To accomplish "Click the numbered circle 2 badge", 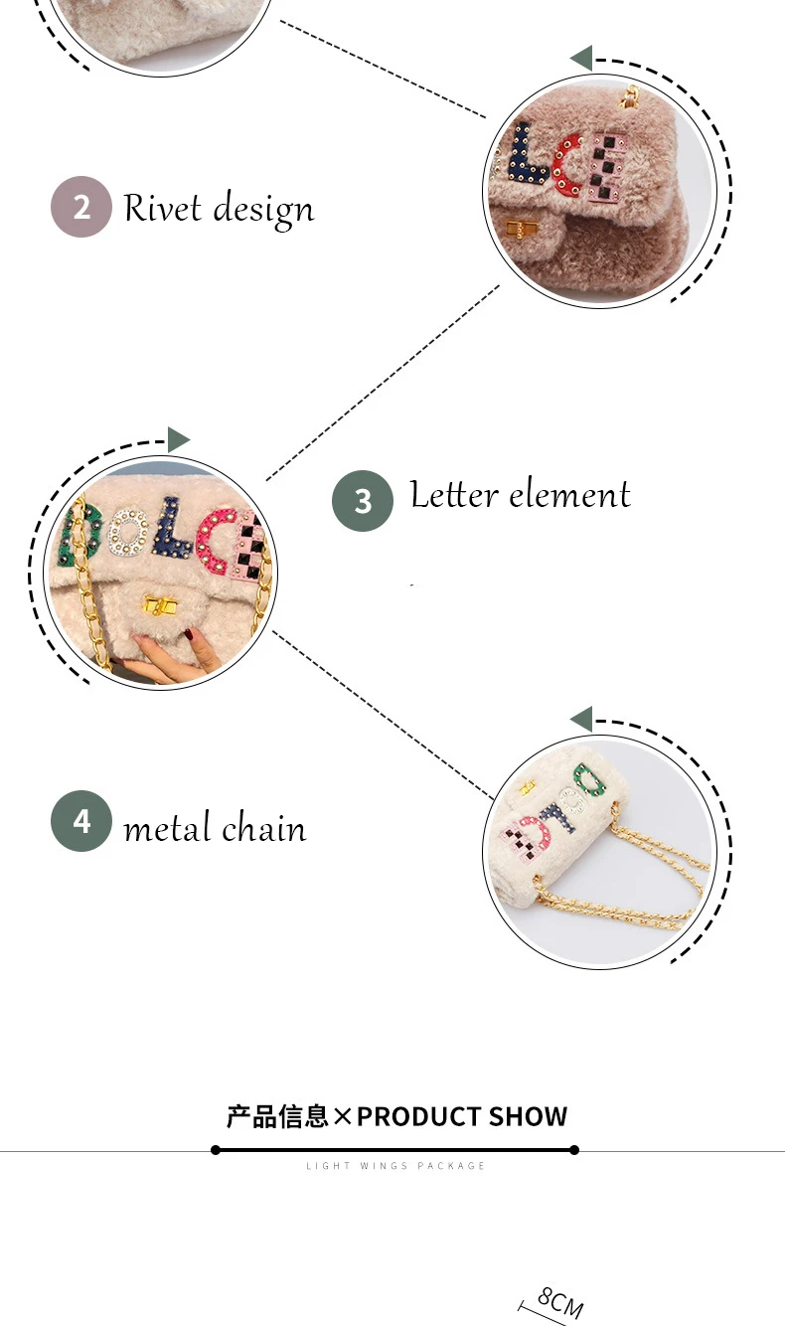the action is (81, 207).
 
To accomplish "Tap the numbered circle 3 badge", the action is (362, 500).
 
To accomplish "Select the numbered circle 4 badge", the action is (81, 821).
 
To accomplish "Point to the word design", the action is (263, 211).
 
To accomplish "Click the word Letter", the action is (454, 494).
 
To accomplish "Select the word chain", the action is (263, 827).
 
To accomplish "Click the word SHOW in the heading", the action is (529, 1116).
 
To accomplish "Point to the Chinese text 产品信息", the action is (277, 1116).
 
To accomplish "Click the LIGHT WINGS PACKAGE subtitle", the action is (395, 1166).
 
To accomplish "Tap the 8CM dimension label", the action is (560, 1303).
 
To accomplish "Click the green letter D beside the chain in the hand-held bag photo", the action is (79, 536).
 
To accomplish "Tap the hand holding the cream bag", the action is (172, 655).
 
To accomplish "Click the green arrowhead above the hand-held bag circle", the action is (178, 439).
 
